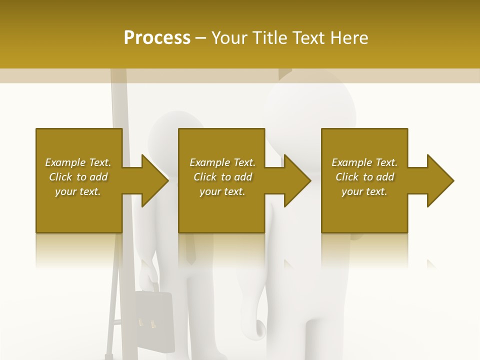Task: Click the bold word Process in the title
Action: point(157,38)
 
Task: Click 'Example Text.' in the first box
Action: point(78,162)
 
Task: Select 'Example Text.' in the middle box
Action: point(222,162)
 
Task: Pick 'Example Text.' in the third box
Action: point(364,162)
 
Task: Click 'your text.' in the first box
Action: point(78,191)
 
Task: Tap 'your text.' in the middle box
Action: point(222,191)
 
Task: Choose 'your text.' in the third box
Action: point(364,191)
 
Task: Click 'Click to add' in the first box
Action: point(78,177)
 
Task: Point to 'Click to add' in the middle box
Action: point(222,177)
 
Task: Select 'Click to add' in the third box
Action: point(364,177)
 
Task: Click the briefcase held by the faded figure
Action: point(153,315)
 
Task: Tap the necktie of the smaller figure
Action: point(190,250)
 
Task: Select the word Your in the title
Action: point(231,38)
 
